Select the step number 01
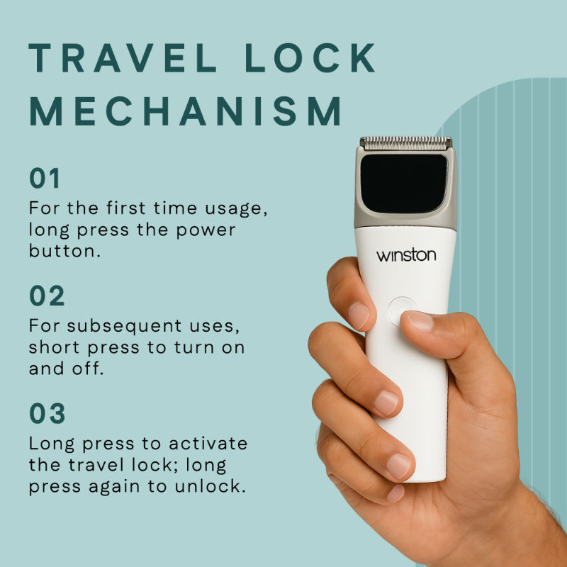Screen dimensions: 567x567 45,179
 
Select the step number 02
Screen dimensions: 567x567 47,296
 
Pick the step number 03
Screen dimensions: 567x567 47,413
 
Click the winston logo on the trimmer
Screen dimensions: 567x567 405,254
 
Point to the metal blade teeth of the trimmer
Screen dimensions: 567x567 405,142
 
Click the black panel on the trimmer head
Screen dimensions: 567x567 404,183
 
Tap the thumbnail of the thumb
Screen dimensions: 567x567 418,321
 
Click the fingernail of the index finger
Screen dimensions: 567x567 359,315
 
